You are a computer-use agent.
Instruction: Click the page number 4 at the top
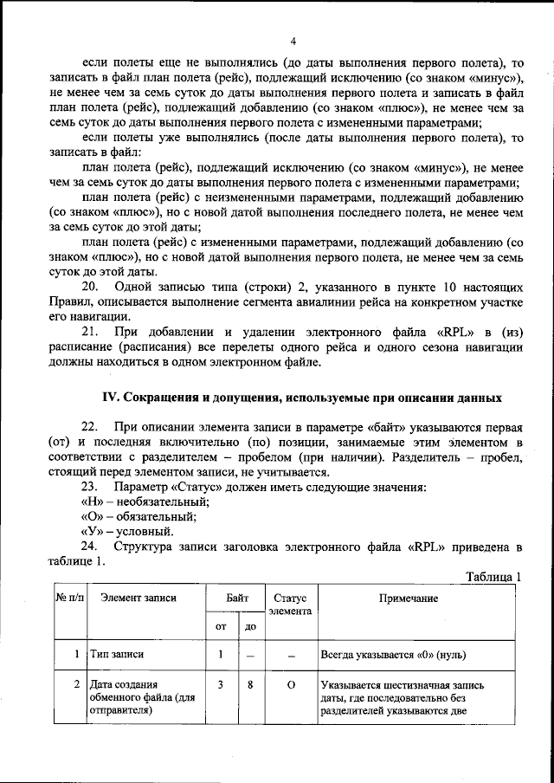(293, 42)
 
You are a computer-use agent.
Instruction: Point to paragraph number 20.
(90, 287)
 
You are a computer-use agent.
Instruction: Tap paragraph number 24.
(90, 546)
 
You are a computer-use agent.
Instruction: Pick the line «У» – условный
(126, 531)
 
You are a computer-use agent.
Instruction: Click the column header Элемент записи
(138, 598)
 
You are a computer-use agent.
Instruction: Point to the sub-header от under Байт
(221, 625)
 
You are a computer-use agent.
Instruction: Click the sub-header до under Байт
(250, 625)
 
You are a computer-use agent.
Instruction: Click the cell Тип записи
(116, 655)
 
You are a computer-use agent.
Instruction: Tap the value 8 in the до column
(250, 684)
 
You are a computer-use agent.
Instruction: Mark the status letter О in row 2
(291, 684)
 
